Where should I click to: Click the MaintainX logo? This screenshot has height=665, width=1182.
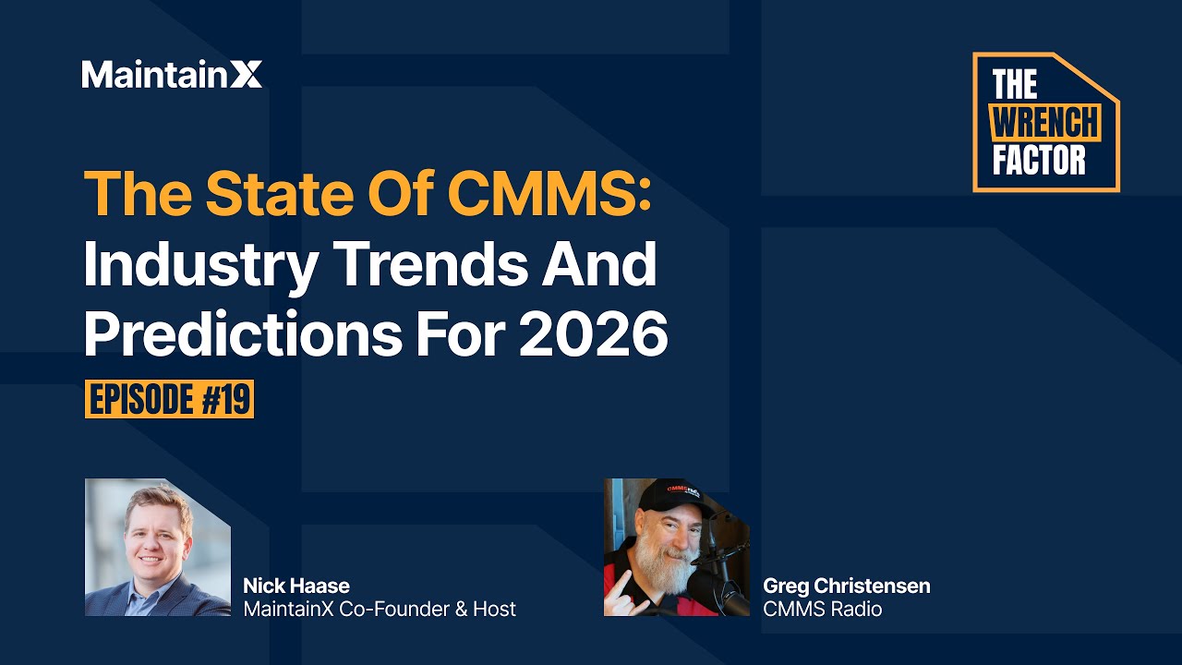pos(172,74)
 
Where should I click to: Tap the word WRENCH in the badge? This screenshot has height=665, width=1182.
pos(1046,123)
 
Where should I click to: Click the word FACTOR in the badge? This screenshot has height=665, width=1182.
pos(1039,160)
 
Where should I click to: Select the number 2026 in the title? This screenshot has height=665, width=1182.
pos(593,336)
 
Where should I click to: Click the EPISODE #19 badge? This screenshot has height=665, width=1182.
pos(170,400)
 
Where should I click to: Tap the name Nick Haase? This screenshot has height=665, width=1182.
pos(296,586)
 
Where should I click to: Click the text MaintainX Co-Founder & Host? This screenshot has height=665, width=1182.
pos(379,609)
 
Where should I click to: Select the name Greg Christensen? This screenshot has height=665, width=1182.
pos(847,586)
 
